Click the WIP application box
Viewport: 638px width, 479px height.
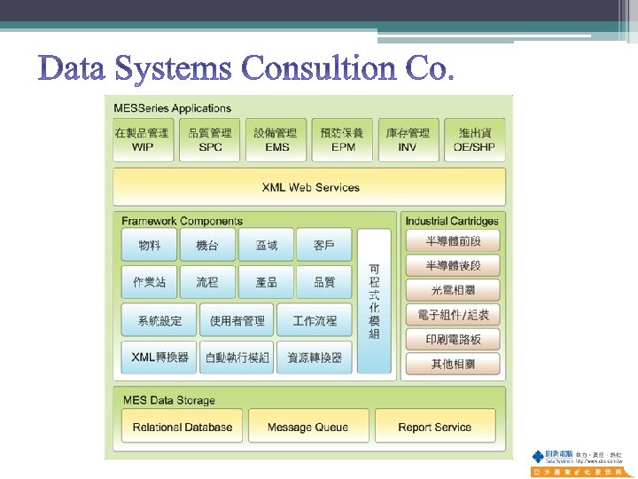coord(142,139)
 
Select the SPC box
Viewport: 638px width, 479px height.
coord(210,139)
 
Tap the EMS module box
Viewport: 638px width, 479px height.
coord(276,139)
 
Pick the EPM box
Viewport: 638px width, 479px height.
coord(343,139)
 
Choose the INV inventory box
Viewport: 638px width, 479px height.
coord(408,139)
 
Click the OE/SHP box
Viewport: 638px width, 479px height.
coord(475,139)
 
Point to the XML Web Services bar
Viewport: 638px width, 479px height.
coord(310,187)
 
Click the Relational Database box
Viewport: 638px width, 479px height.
coord(182,427)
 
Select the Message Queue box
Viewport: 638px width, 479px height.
coord(307,427)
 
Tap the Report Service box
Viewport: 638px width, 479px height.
coord(434,427)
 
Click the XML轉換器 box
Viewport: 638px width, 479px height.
coord(159,357)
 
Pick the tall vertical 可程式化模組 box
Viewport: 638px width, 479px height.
coord(374,301)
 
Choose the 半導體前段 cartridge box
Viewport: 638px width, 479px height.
coord(453,240)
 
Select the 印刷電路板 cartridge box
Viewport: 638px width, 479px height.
coord(453,339)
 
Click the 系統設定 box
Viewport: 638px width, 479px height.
coord(159,320)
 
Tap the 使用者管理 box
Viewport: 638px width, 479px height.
coord(237,320)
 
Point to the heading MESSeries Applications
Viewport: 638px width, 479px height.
coord(172,108)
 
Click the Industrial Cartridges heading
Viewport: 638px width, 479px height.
coord(452,221)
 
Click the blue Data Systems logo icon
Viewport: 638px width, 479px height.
coord(538,457)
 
